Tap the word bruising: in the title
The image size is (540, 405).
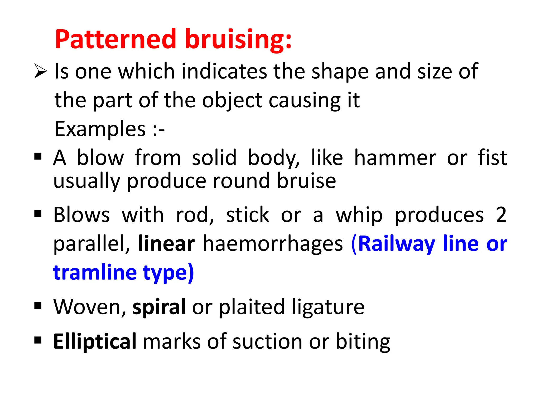pos(238,40)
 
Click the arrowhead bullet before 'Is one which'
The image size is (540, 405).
pos(40,71)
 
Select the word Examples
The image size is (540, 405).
pos(100,129)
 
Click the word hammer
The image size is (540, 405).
pos(395,158)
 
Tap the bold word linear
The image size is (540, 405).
pos(166,243)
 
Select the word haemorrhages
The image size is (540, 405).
pos(273,244)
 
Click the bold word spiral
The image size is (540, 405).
pos(159,307)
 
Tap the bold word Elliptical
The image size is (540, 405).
pos(95,342)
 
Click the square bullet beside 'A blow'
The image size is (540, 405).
pos(38,156)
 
